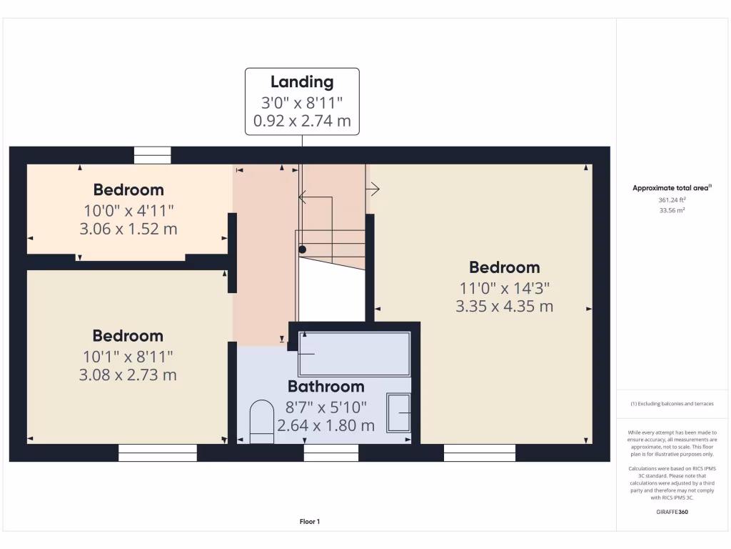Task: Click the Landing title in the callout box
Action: point(302,81)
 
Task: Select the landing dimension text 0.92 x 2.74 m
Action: point(302,121)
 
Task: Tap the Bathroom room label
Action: point(326,387)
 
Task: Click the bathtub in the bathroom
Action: point(354,353)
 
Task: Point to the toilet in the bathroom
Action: point(261,422)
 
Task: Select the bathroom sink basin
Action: point(399,412)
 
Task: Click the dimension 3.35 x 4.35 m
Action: point(504,307)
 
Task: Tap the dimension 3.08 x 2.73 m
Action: point(128,375)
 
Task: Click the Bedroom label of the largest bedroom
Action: point(504,267)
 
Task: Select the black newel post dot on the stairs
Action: point(302,249)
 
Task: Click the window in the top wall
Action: point(153,155)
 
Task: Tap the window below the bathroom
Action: point(331,452)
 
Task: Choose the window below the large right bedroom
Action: point(479,452)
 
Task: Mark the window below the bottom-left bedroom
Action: point(157,452)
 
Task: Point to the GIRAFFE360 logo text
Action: point(672,512)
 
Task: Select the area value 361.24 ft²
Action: point(672,200)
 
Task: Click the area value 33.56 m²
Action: point(672,211)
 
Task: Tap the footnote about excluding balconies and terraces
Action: point(672,404)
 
